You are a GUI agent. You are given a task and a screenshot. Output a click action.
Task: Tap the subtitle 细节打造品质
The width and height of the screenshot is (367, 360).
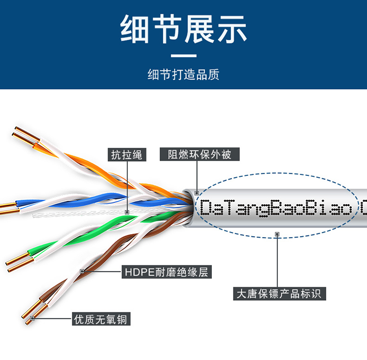(x=183, y=74)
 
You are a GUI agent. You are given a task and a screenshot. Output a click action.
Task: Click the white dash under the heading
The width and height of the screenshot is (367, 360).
(x=183, y=56)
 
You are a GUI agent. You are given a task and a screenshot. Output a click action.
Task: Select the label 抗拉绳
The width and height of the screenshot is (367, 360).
(x=126, y=155)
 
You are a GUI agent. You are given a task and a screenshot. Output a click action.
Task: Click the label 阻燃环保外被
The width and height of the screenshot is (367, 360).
(x=196, y=155)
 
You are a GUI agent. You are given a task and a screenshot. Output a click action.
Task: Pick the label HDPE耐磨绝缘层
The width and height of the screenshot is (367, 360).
(x=166, y=271)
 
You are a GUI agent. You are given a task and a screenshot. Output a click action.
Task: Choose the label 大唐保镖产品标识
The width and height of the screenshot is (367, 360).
(x=277, y=294)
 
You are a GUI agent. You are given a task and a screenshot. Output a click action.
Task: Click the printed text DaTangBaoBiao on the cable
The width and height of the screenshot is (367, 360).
(x=276, y=208)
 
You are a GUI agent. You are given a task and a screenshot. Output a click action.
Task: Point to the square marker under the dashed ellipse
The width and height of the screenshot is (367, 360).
(x=277, y=235)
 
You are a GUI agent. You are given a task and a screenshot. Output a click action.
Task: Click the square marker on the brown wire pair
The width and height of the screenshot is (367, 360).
(x=82, y=271)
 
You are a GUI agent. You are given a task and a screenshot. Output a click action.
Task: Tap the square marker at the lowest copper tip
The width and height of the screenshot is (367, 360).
(x=32, y=319)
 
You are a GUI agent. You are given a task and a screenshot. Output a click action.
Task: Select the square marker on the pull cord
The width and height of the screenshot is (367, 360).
(x=127, y=213)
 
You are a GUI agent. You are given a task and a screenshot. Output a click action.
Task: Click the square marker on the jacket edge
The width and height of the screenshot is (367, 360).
(x=196, y=193)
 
